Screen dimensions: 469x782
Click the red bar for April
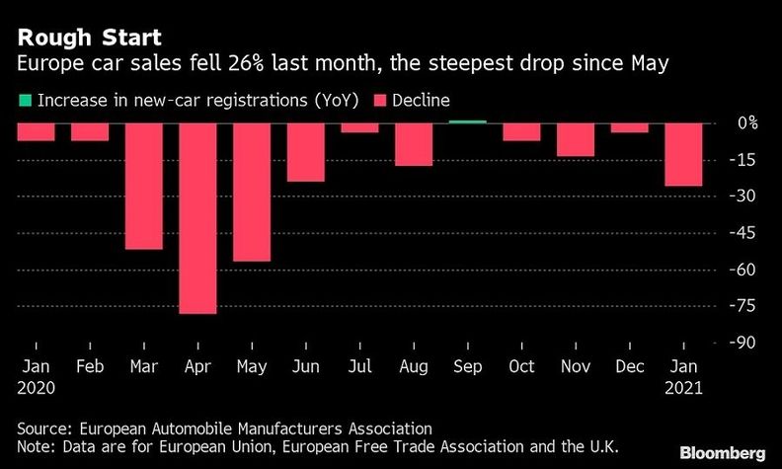[197, 217]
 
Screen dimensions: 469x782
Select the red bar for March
[144, 186]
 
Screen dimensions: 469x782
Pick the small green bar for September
[468, 121]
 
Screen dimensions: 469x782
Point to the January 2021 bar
[683, 154]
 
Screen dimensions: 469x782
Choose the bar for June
[306, 152]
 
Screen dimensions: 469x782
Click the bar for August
[414, 144]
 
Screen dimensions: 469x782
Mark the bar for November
[576, 139]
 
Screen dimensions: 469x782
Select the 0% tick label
[747, 123]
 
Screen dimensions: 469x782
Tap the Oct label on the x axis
[521, 367]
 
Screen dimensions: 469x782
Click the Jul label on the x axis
[359, 367]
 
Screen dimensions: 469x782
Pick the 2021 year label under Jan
[683, 388]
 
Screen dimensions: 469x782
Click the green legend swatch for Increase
[22, 101]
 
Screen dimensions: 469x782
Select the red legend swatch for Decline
[379, 101]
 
